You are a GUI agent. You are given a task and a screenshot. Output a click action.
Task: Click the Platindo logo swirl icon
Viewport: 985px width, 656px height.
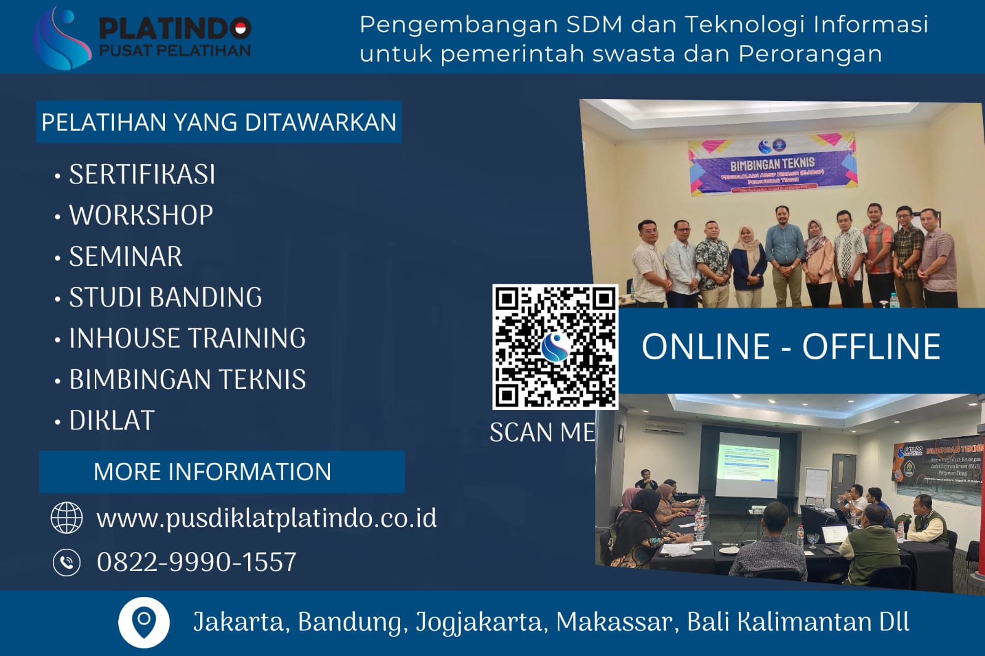62,38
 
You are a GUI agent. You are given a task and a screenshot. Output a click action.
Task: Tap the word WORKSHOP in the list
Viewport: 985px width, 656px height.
141,215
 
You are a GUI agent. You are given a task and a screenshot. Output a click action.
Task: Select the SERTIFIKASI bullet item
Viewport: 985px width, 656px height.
142,175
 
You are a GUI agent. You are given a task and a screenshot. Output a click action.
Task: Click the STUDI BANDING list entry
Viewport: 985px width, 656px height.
165,297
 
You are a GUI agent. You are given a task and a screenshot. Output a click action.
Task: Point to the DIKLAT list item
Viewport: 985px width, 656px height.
111,421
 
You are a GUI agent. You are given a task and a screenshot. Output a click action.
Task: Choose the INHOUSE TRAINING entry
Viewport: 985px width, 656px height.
187,338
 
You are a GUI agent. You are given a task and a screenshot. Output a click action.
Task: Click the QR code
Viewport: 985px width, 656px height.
555,346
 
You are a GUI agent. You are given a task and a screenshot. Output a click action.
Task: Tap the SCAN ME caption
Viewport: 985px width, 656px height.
542,433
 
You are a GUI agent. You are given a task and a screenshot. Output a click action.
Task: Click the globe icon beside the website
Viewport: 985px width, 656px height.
66,518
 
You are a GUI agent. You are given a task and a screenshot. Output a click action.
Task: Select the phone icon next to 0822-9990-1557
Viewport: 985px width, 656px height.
66,562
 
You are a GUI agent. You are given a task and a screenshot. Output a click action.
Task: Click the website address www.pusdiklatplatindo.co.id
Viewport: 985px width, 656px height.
266,518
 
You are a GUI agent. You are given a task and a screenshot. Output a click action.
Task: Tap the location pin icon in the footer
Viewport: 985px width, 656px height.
144,622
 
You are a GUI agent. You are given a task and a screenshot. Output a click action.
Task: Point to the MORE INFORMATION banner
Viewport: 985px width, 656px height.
212,472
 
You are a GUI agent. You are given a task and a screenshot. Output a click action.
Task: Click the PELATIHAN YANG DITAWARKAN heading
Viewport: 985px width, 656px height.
219,122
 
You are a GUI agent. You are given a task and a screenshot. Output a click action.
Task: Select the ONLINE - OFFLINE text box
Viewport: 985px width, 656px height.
791,346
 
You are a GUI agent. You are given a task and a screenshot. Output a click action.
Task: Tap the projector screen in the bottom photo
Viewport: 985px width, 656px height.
748,463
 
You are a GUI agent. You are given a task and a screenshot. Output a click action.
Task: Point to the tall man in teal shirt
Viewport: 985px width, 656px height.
784,252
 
